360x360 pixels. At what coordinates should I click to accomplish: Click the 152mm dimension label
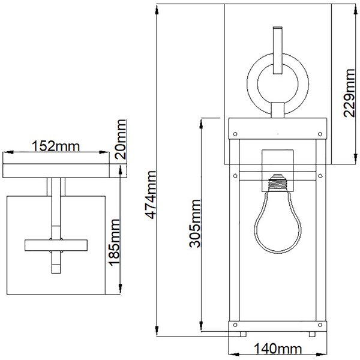click(x=56, y=146)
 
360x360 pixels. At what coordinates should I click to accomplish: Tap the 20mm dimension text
click(x=121, y=139)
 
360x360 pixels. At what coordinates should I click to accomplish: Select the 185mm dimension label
click(x=114, y=242)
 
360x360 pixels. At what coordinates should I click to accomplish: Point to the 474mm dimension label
click(x=151, y=194)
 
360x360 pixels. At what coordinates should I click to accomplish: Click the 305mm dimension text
click(x=195, y=223)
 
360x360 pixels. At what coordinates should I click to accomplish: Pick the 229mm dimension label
click(x=349, y=93)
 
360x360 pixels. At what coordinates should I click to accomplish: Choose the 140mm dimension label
click(x=278, y=349)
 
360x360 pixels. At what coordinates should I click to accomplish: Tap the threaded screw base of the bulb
click(x=278, y=183)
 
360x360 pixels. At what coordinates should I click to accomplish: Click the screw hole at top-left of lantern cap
click(x=235, y=134)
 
